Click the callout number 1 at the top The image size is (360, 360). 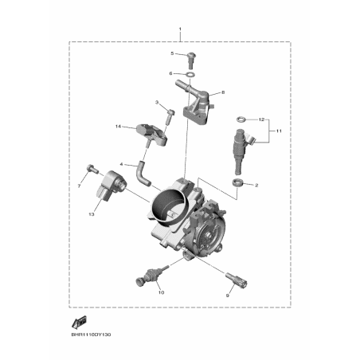click(180, 29)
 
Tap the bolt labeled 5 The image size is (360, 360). click(190, 59)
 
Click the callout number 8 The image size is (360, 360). click(223, 92)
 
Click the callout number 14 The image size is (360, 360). click(118, 127)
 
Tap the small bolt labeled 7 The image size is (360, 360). click(92, 168)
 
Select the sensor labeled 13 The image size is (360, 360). click(112, 186)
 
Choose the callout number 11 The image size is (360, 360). click(279, 131)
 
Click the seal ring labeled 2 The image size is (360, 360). click(238, 183)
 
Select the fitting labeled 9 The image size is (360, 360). click(237, 280)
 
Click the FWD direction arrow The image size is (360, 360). click(79, 322)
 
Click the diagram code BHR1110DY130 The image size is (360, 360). click(91, 335)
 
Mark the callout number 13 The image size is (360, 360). click(91, 214)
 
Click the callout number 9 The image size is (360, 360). click(227, 295)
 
